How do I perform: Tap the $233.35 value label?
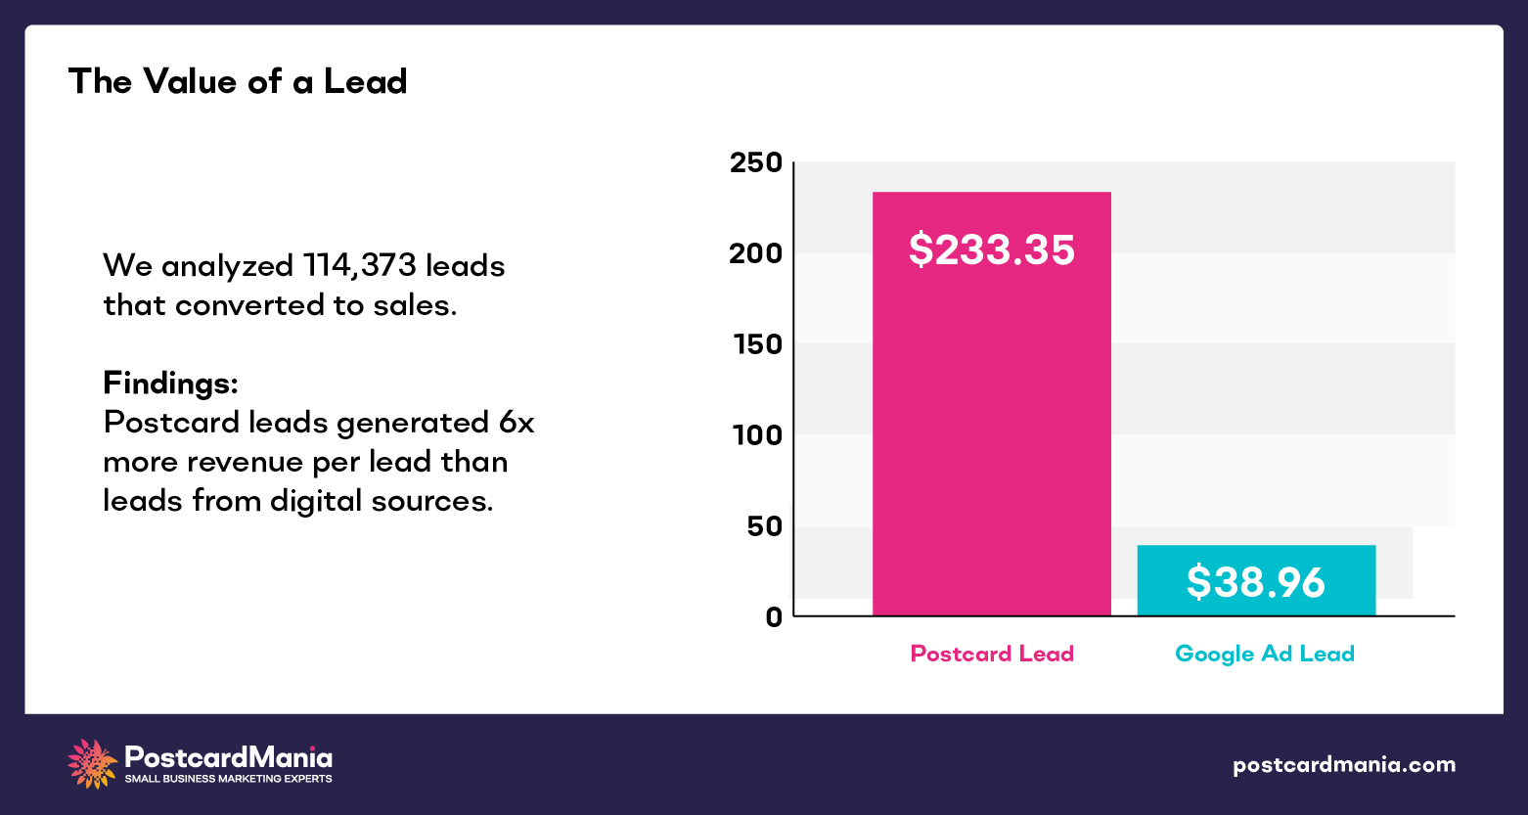point(991,249)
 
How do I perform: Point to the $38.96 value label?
point(1256,582)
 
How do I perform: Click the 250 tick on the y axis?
point(756,162)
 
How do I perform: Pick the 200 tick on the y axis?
point(756,253)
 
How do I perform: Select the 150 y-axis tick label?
point(756,344)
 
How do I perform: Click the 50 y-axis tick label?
point(762,526)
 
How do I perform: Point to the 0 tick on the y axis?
point(774,616)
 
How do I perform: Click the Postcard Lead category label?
point(992,654)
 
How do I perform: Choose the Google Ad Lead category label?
point(1264,654)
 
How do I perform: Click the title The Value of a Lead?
point(238,81)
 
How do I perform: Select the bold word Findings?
point(170,383)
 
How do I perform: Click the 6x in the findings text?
point(516,423)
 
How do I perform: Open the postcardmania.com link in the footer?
point(1343,764)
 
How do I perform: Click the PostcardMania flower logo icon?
point(92,764)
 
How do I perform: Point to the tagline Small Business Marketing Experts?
point(228,779)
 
